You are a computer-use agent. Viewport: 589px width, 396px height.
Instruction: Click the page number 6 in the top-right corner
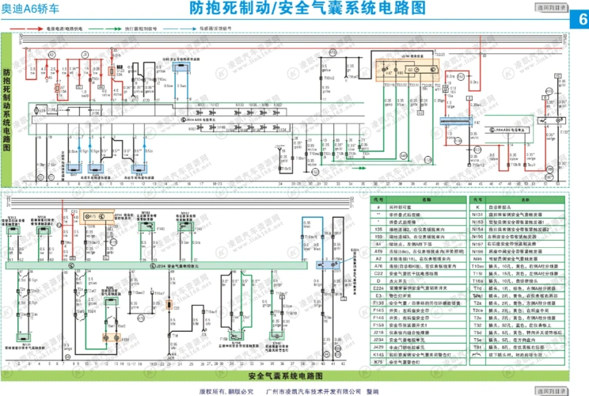[578, 19]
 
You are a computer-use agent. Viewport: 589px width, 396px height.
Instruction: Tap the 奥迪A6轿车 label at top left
[32, 10]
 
